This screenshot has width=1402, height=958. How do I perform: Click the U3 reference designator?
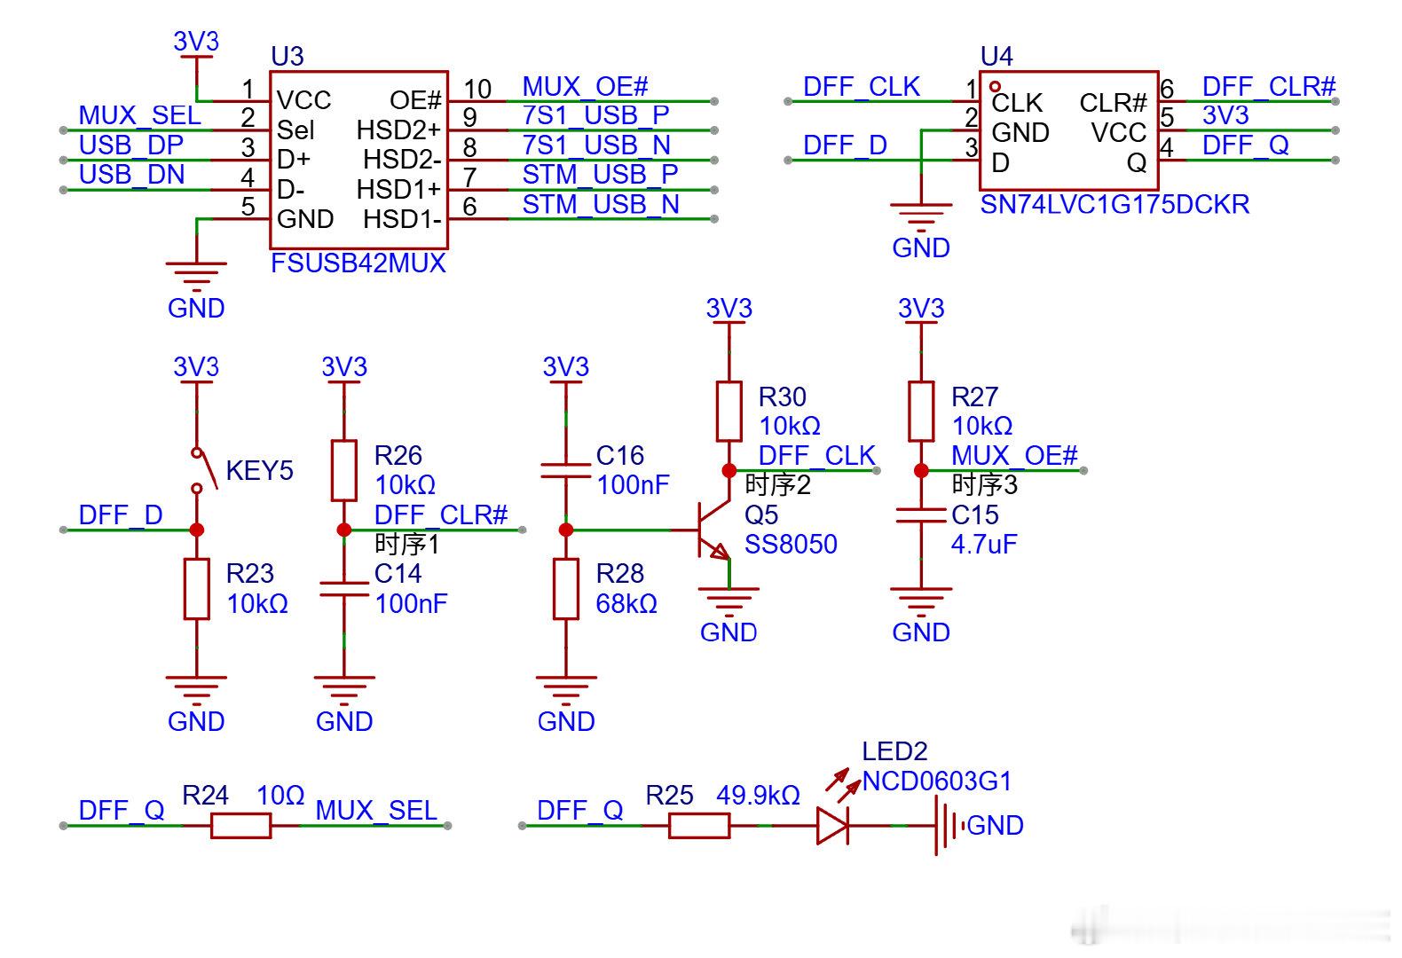287,57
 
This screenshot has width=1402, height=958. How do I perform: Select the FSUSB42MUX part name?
358,263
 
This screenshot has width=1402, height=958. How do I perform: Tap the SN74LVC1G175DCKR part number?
1115,205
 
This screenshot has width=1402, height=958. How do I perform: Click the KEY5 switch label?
259,470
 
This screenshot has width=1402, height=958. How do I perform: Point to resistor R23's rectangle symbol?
196,590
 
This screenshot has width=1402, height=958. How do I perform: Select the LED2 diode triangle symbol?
833,826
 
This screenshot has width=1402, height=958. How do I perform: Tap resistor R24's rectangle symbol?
241,826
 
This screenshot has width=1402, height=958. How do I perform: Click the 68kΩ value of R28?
626,604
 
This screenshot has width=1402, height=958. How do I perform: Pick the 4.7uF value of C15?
984,545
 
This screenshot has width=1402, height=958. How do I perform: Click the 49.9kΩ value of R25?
758,796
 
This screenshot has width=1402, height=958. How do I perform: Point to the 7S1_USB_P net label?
596,115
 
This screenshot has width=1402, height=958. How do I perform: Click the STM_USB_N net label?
601,205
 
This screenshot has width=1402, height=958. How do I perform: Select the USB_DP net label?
130,145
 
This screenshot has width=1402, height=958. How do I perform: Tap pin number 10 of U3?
477,90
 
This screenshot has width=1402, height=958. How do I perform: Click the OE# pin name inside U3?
415,100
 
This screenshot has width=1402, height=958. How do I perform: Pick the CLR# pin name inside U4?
1113,103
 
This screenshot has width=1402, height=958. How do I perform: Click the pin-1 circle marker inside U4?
996,86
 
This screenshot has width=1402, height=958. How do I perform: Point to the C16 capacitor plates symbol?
566,470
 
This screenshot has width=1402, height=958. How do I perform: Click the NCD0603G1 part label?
937,781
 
